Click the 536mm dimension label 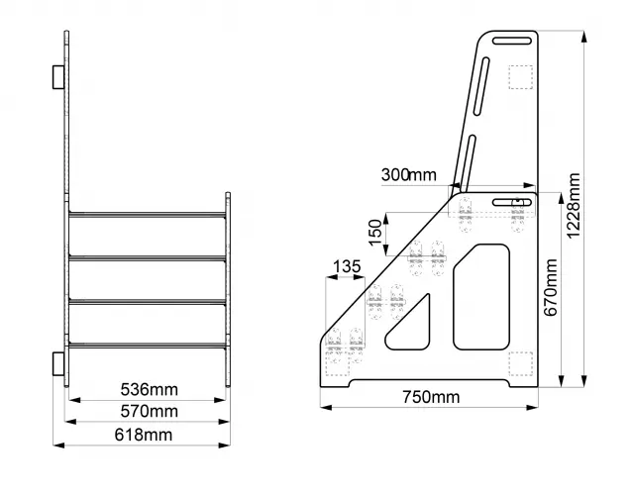click(149, 388)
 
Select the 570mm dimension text click(149, 411)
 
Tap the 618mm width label click(149, 435)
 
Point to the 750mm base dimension click(431, 398)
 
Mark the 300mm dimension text click(408, 175)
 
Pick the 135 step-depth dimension click(346, 265)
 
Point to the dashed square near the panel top click(519, 76)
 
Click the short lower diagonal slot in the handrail click(469, 159)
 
